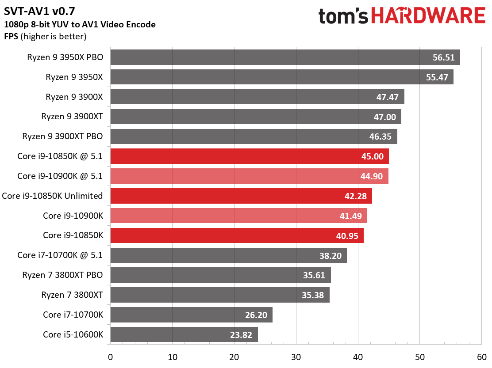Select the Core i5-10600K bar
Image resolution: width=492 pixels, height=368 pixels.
184,334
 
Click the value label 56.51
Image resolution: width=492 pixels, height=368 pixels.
444,58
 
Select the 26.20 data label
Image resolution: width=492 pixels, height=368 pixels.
256,315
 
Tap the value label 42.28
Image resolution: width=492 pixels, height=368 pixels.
356,196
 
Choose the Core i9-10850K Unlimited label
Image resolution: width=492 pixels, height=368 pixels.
53,196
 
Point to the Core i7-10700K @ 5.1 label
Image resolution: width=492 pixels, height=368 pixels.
60,255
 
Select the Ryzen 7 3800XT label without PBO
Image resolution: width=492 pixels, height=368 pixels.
72,295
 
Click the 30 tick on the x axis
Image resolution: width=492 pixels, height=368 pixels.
296,357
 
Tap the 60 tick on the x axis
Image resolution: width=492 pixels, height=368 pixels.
481,357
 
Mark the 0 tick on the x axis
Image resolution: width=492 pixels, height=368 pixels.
110,357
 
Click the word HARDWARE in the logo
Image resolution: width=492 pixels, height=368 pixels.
428,16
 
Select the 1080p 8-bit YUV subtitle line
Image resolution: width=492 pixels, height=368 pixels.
80,25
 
